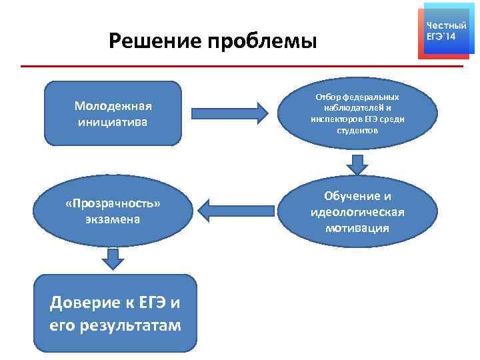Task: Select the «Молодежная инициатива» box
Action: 113,113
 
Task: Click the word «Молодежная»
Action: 113,106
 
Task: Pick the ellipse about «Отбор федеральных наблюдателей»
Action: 357,113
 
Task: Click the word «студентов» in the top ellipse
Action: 357,131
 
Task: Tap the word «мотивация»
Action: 357,228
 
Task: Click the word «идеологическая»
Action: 357,212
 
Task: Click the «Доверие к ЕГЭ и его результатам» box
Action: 115,313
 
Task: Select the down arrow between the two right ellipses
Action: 357,164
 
